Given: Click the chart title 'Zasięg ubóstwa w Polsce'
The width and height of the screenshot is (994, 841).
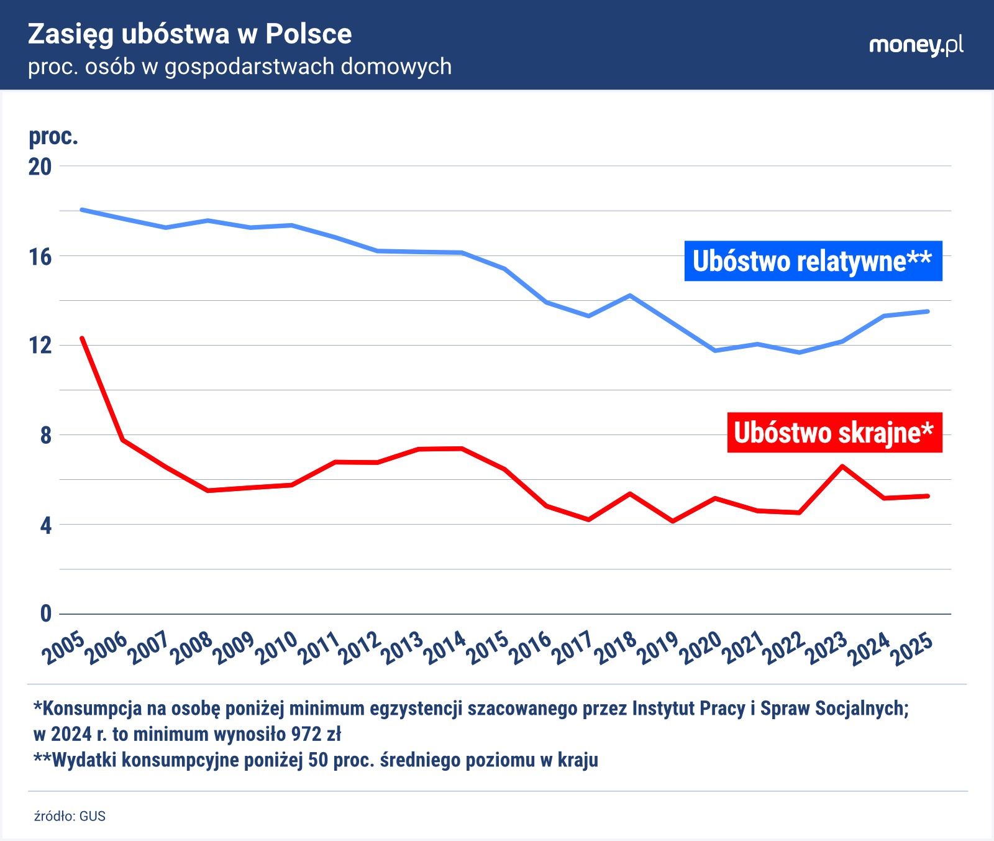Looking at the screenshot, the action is pyautogui.click(x=189, y=35).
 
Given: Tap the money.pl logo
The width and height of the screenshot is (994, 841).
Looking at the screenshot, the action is pyautogui.click(x=916, y=45).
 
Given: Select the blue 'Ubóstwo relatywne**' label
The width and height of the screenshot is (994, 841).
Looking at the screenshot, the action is pyautogui.click(x=813, y=261).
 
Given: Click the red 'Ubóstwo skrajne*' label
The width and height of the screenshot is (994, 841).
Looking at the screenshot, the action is pyautogui.click(x=834, y=433).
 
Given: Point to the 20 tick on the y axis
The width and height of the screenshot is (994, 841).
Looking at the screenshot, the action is pyautogui.click(x=40, y=167).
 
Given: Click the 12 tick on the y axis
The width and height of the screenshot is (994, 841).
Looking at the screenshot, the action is pyautogui.click(x=40, y=346).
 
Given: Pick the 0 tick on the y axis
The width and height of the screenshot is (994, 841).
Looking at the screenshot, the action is pyautogui.click(x=45, y=614).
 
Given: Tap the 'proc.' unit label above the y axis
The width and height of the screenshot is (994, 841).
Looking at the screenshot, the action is pyautogui.click(x=53, y=137).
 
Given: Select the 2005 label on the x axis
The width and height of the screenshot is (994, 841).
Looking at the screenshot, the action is pyautogui.click(x=63, y=648).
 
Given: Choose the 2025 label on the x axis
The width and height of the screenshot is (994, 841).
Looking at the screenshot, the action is pyautogui.click(x=911, y=648).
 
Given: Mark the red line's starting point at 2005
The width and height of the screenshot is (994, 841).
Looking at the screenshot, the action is pyautogui.click(x=82, y=338).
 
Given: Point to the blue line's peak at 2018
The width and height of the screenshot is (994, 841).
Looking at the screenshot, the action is pyautogui.click(x=631, y=295).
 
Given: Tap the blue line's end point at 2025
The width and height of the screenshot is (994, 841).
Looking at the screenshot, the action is pyautogui.click(x=928, y=311).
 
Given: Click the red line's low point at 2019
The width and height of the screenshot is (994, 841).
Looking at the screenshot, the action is pyautogui.click(x=673, y=521).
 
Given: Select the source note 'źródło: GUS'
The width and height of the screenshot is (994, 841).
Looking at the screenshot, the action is pyautogui.click(x=70, y=816).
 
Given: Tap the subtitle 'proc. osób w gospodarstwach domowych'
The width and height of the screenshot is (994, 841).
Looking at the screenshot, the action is pyautogui.click(x=240, y=67).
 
